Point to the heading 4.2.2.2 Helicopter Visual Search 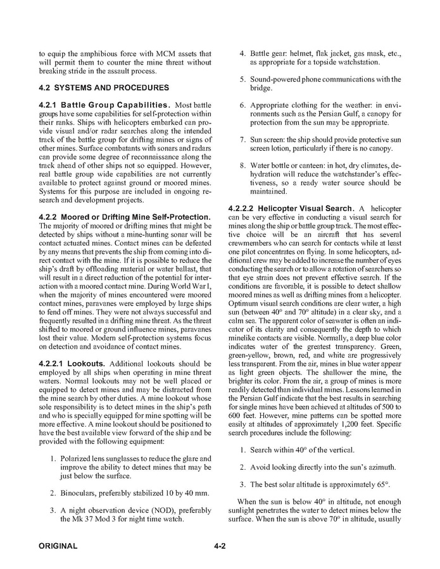(289, 208)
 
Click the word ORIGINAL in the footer (58, 546)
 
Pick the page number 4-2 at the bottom (220, 546)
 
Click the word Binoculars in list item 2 (82, 492)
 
